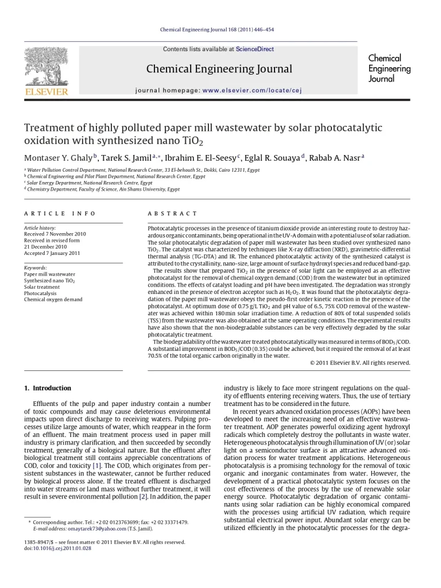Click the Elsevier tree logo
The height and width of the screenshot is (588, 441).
pyautogui.click(x=46, y=67)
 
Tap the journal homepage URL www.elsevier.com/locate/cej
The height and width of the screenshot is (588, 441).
pyautogui.click(x=252, y=90)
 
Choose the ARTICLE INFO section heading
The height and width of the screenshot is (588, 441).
pyautogui.click(x=60, y=214)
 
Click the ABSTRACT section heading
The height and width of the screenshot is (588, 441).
pyautogui.click(x=172, y=214)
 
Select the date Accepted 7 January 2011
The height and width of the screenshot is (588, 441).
pyautogui.click(x=52, y=253)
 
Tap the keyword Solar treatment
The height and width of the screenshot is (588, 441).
pyautogui.click(x=42, y=287)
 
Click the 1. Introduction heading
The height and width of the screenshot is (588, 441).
pyautogui.click(x=48, y=388)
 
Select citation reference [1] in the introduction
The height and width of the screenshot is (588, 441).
pyautogui.click(x=97, y=465)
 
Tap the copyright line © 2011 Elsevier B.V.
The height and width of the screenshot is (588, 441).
pyautogui.click(x=360, y=363)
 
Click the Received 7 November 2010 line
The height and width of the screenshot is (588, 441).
pyautogui.click(x=55, y=234)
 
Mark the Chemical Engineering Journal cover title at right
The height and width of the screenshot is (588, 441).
pyautogui.click(x=389, y=68)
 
